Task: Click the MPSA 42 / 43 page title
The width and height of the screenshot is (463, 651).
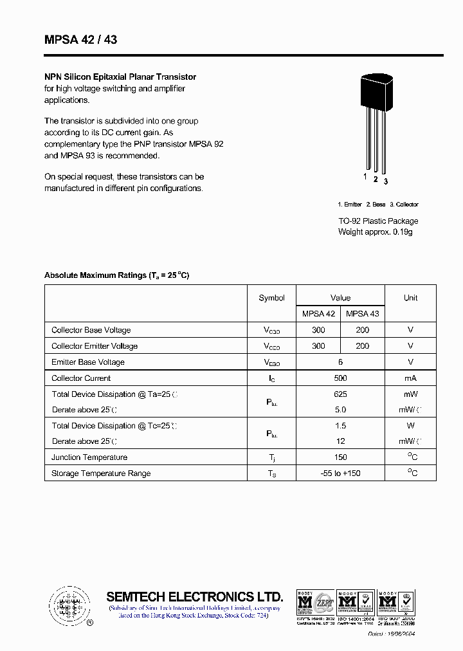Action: pos(81,40)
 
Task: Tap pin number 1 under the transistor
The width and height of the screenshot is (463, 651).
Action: pos(365,176)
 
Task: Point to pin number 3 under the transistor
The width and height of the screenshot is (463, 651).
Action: pos(386,181)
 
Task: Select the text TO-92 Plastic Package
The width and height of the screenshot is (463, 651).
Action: pos(378,221)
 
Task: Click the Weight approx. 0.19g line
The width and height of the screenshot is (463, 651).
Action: pos(375,232)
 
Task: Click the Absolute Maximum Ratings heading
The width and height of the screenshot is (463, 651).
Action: pos(116,275)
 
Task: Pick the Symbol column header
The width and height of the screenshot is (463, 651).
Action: pos(271,298)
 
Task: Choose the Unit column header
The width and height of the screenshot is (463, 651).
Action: pos(410,298)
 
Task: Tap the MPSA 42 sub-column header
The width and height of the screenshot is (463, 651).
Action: pos(318,314)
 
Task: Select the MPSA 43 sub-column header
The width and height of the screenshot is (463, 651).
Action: pos(363,314)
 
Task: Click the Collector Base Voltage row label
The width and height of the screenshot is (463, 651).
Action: pos(91,330)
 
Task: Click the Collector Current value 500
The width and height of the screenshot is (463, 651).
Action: pos(340,378)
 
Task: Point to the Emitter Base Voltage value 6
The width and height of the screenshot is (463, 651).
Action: pos(340,362)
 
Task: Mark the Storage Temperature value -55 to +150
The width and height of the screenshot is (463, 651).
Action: pos(340,473)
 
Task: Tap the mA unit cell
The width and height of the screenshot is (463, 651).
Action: pos(410,378)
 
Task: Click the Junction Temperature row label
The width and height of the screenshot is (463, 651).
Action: pos(89,457)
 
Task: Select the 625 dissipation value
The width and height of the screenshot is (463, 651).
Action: pos(340,394)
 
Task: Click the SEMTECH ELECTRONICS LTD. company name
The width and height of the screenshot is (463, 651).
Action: pos(194,596)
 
